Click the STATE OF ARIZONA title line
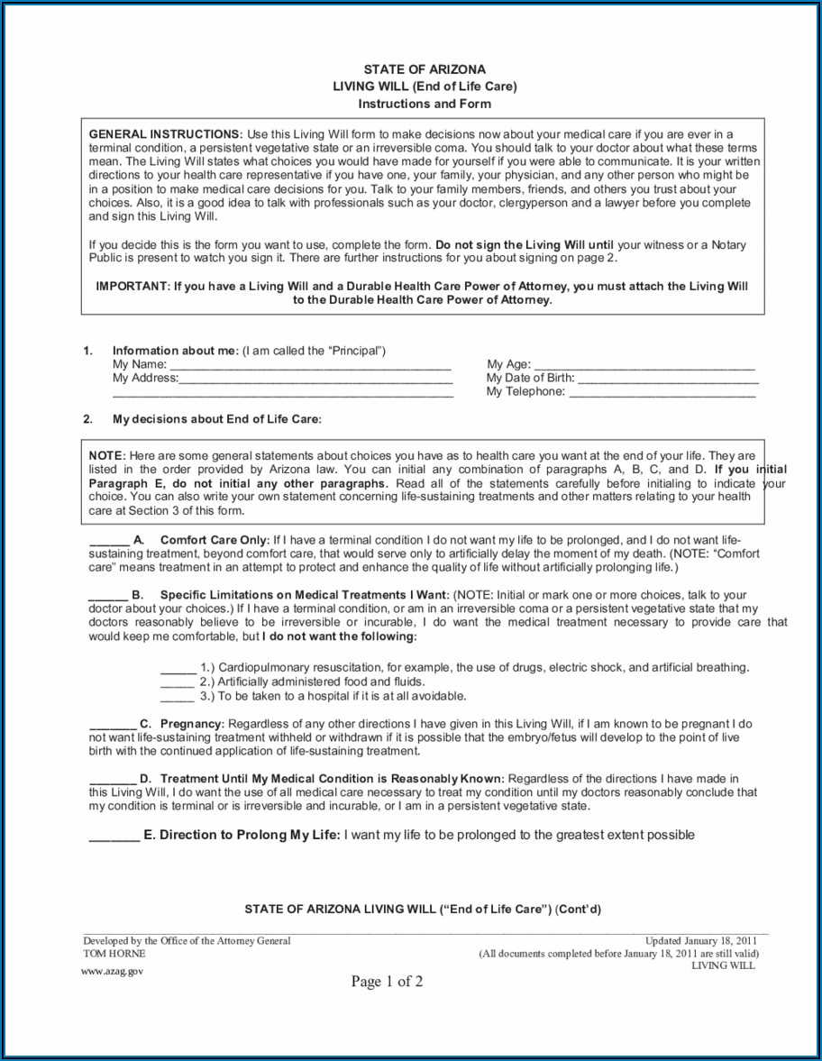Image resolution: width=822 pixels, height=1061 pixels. pos(425,69)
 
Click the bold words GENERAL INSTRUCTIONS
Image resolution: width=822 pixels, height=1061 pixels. pos(165,133)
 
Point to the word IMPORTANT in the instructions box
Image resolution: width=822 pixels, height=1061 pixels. pos(132,287)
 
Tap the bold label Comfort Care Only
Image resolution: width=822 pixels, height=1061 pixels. pos(215,540)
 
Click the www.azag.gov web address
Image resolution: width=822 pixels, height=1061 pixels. pos(112,971)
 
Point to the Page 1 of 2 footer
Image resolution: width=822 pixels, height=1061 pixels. pos(387,982)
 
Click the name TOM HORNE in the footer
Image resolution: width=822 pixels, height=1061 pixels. pos(114,953)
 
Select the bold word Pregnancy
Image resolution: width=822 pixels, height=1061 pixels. pos(191,724)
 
